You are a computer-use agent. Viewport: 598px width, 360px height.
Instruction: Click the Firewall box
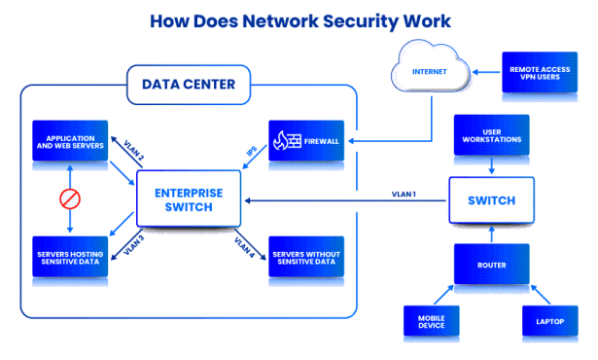(x=306, y=141)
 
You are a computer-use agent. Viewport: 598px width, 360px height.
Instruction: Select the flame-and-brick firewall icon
(x=285, y=141)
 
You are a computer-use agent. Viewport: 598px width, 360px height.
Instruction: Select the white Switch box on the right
(x=491, y=201)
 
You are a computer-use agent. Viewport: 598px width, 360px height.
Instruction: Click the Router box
(x=491, y=263)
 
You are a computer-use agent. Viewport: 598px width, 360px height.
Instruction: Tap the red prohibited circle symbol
(x=70, y=198)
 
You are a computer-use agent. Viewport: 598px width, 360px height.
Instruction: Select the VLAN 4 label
(x=244, y=248)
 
